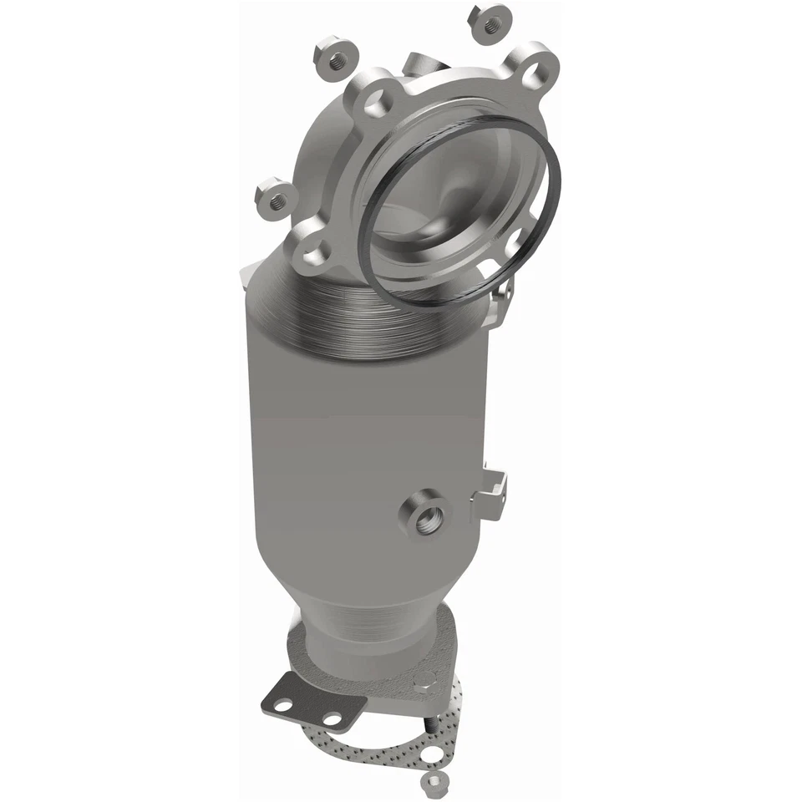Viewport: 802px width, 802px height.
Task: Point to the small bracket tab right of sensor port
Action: coord(491,493)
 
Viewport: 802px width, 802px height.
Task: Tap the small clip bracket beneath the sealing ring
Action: coord(502,292)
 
